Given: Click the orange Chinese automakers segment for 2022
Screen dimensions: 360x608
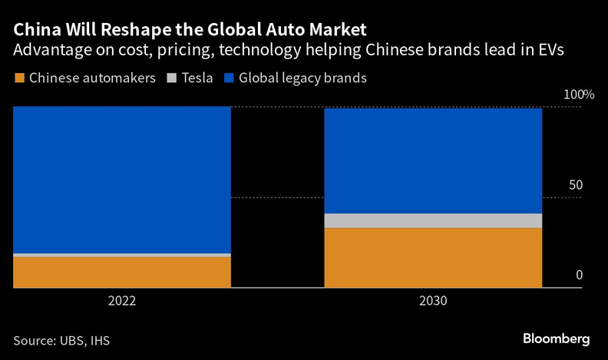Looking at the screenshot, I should tap(122, 272).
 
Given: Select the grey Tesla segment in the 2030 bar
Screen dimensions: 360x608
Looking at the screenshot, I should tap(433, 220).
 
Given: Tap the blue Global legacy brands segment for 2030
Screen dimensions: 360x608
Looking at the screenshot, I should tap(433, 160).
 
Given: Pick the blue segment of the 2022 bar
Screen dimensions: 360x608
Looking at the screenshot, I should tap(122, 179).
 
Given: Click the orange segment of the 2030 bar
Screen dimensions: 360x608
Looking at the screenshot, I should tap(433, 257).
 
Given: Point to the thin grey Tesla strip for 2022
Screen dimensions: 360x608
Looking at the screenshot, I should tap(122, 254).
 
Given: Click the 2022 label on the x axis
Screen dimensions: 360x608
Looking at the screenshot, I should tap(122, 302).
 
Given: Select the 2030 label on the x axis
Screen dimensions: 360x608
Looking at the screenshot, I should tap(433, 302).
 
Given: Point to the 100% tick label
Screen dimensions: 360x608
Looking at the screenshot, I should tap(579, 95).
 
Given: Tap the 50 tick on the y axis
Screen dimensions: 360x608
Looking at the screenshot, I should tap(576, 186).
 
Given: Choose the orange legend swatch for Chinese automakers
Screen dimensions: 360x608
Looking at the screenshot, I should tap(19, 78).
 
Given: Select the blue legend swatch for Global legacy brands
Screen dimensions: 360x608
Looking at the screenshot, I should tap(228, 78).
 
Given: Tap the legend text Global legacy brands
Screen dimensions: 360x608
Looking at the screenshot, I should tap(302, 78).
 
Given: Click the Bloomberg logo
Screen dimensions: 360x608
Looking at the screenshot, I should tap(556, 339).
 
